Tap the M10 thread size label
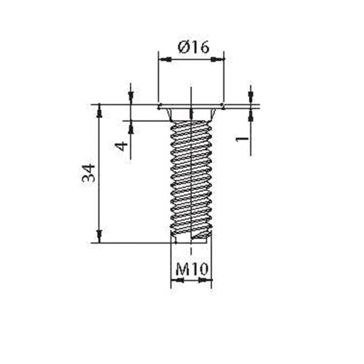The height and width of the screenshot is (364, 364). (x=191, y=270)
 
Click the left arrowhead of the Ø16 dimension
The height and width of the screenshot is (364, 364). (x=161, y=59)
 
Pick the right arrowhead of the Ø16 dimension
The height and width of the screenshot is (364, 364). (x=220, y=59)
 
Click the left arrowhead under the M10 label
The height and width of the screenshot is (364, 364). (x=175, y=282)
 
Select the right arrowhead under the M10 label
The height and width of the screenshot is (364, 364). (x=206, y=282)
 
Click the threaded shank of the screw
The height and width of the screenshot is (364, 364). (x=191, y=178)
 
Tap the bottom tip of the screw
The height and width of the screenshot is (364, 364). (x=191, y=240)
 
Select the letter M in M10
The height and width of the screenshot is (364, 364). (x=181, y=270)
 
